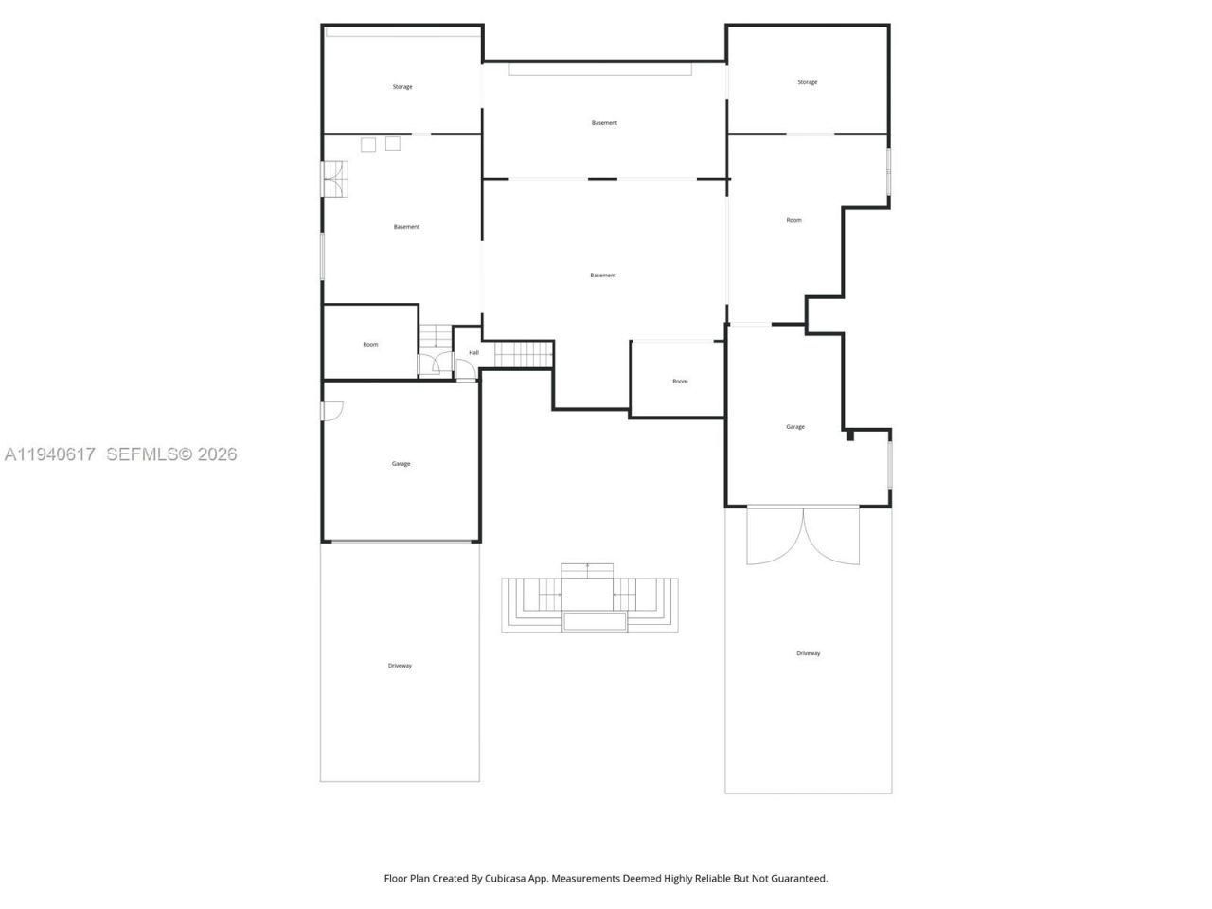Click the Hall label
click(473, 353)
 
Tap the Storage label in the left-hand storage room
click(402, 87)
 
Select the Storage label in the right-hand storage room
click(807, 82)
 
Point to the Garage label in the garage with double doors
click(794, 427)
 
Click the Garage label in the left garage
click(401, 464)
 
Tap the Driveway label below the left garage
click(400, 666)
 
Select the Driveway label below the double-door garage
click(808, 653)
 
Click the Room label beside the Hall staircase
click(370, 345)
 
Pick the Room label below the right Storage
click(793, 220)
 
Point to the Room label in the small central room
click(680, 382)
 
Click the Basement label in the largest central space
click(602, 276)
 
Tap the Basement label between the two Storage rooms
click(604, 123)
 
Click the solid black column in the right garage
click(850, 436)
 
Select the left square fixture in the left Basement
click(368, 145)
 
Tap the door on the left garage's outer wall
click(331, 411)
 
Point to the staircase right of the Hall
click(523, 355)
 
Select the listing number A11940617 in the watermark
click(49, 454)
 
